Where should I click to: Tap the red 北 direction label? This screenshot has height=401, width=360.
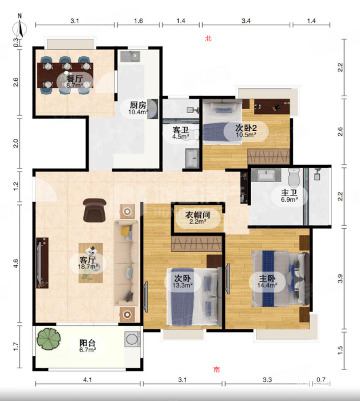tap(208, 38)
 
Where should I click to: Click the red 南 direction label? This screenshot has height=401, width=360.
tap(216, 370)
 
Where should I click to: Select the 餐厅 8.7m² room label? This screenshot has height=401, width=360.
tap(75, 81)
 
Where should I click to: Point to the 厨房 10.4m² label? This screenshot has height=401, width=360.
tap(138, 108)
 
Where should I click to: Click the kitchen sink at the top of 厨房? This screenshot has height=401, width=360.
tap(130, 57)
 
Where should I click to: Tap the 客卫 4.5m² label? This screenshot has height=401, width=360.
tap(181, 133)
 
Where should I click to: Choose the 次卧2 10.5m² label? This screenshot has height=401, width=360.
tap(246, 131)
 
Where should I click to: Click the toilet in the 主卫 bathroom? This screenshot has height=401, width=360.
tap(294, 177)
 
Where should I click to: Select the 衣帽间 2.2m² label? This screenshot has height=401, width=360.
tap(197, 218)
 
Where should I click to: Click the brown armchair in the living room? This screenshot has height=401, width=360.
tap(94, 210)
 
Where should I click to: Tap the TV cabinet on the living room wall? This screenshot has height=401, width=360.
tap(43, 263)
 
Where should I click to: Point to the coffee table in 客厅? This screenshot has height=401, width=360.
tap(91, 263)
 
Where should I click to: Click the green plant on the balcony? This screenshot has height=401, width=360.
tap(49, 339)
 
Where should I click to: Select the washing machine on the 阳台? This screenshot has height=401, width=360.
tap(133, 339)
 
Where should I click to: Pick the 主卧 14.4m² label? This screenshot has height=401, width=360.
tap(268, 281)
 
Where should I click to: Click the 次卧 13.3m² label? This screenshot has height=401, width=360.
tap(182, 281)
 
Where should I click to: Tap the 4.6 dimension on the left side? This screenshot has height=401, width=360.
tap(16, 263)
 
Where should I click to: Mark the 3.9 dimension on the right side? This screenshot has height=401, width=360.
tap(340, 278)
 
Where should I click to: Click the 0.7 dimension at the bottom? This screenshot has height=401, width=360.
tap(321, 379)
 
